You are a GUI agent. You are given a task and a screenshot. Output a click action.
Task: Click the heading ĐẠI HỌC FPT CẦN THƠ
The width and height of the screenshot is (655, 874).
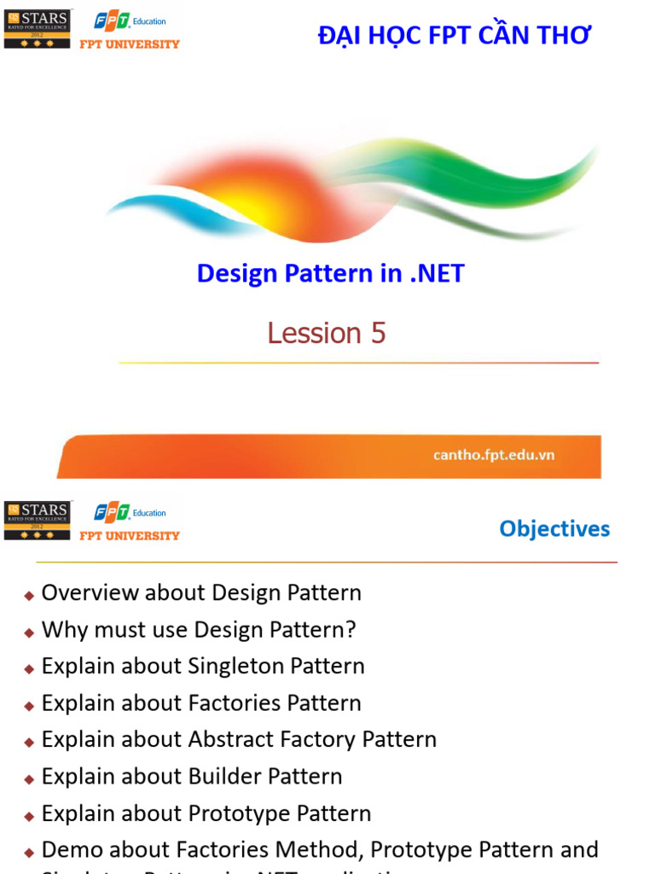454,36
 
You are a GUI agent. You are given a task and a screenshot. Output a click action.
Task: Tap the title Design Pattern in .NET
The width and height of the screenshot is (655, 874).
330,273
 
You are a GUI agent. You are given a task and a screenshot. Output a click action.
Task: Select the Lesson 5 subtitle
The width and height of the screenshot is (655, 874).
327,333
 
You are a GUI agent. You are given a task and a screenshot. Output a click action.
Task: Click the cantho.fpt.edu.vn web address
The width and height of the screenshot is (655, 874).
493,455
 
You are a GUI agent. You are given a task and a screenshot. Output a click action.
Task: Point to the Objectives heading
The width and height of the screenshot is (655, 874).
554,529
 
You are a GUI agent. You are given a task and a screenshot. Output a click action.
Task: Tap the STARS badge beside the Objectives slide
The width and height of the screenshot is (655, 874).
38,520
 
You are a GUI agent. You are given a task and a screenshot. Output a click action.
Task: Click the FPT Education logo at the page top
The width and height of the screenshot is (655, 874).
130,21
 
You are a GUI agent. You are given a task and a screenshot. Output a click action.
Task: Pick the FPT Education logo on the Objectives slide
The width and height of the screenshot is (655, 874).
130,513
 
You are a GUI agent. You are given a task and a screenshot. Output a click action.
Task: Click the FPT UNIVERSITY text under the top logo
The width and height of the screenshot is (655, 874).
130,44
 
